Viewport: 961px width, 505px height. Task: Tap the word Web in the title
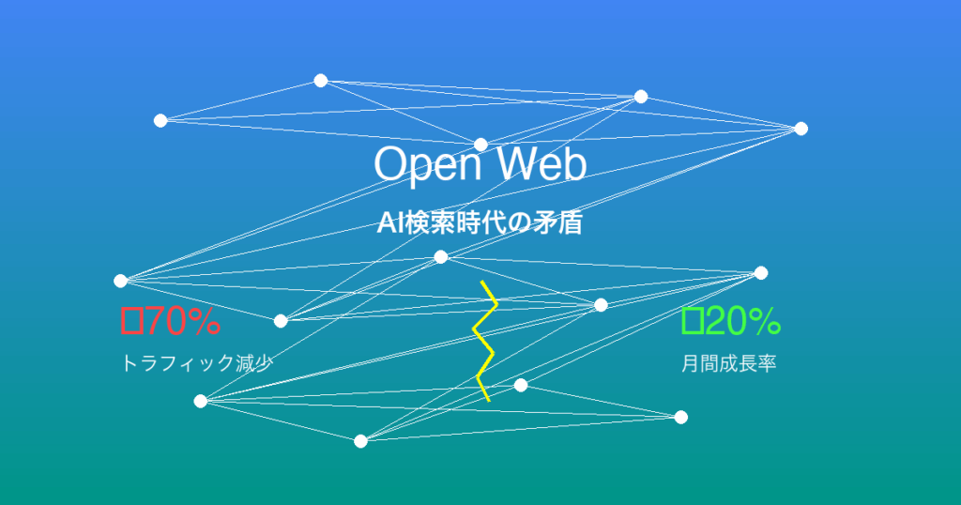tap(542, 163)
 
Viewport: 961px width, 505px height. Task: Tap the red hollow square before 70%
tap(132, 321)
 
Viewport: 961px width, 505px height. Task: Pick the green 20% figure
tap(743, 321)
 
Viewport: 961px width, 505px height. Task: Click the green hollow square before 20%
tap(692, 321)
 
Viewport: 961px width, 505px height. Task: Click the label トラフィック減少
tap(197, 363)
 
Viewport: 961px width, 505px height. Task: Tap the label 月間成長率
tap(728, 363)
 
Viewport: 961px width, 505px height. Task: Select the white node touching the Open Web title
tap(480, 145)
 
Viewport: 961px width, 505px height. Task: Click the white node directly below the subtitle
tap(441, 257)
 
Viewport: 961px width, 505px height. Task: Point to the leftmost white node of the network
tap(121, 281)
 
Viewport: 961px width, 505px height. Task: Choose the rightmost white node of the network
tap(801, 128)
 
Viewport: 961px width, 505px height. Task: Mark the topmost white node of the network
tap(321, 81)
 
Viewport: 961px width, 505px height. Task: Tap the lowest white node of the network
tap(361, 441)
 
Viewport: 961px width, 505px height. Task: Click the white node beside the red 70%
tap(281, 320)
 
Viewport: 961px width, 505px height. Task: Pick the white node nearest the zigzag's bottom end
tap(520, 385)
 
